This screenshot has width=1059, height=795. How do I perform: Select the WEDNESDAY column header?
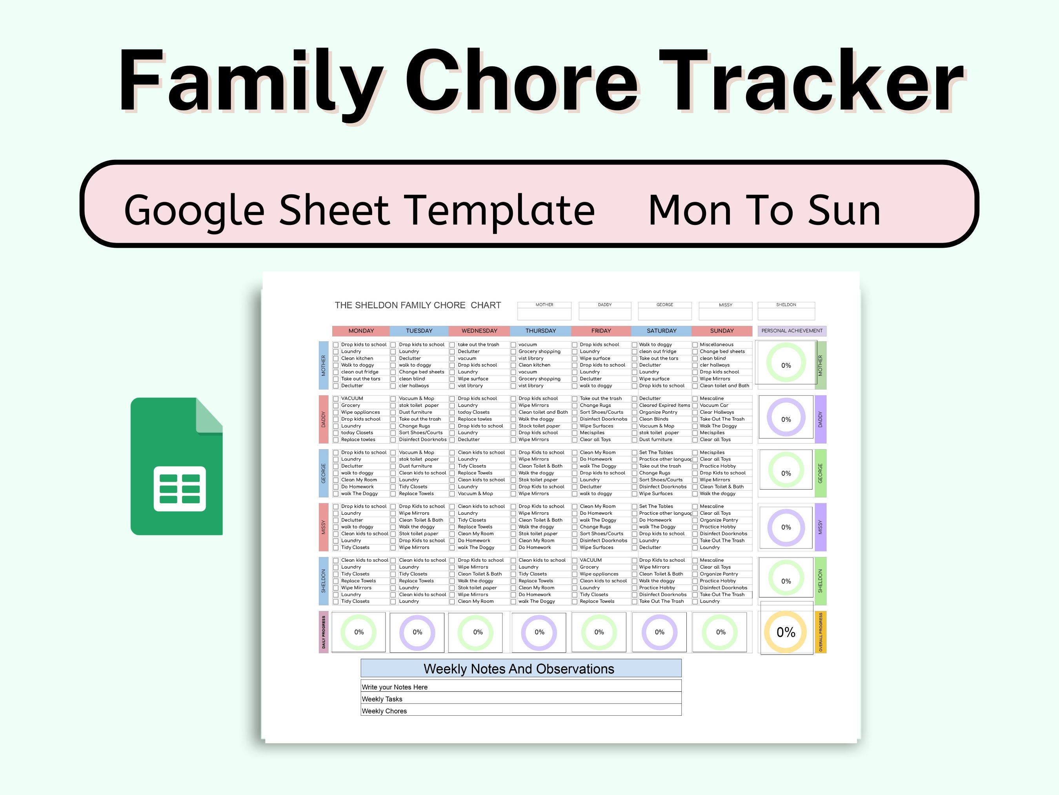(x=479, y=331)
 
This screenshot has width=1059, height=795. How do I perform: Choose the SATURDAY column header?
(x=661, y=331)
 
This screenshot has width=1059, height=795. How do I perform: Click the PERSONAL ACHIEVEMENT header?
(x=792, y=331)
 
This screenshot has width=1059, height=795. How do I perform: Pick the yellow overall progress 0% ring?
(x=786, y=632)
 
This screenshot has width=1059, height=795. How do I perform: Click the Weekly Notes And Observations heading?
(x=519, y=669)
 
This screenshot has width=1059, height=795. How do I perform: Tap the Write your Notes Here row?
(x=520, y=687)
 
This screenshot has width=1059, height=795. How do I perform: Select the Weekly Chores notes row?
(x=520, y=711)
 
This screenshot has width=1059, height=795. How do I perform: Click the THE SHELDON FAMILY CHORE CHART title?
(x=417, y=305)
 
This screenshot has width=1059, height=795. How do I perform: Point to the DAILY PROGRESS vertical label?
(x=324, y=632)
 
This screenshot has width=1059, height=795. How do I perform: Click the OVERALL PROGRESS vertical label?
(x=821, y=632)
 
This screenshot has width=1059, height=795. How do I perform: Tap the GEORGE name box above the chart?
(x=664, y=311)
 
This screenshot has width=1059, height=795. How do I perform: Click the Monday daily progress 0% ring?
(x=358, y=632)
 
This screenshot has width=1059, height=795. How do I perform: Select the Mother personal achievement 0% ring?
(x=786, y=365)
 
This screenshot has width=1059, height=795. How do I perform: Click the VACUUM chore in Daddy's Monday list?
(x=352, y=398)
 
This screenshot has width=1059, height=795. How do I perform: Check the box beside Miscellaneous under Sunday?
(x=695, y=345)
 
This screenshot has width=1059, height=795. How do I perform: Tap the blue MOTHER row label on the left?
(x=324, y=365)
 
